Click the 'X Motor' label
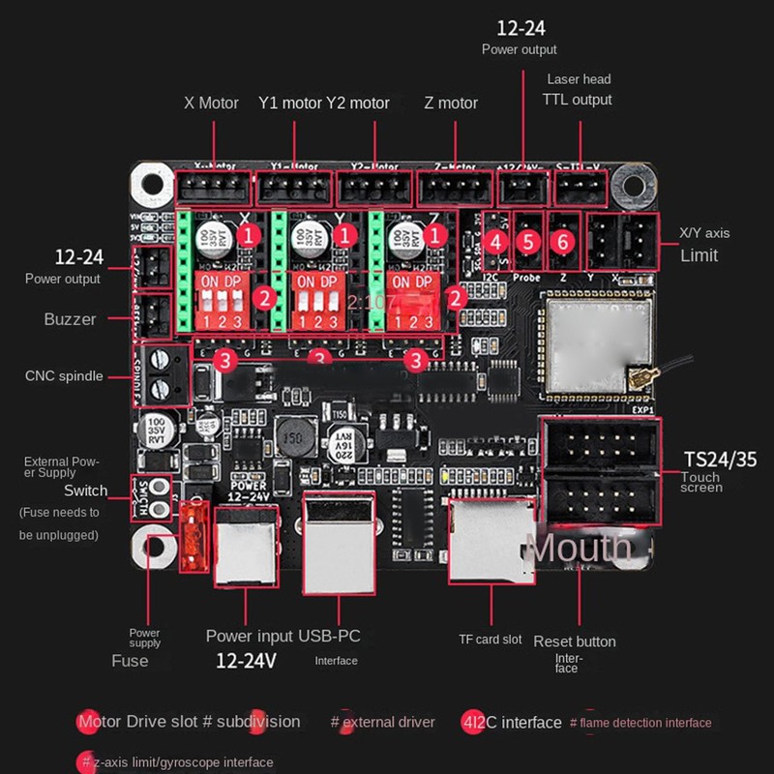(211, 103)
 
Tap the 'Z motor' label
(451, 103)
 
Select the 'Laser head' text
(579, 79)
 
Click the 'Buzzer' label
(70, 319)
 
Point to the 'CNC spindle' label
(64, 375)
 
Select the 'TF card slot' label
(491, 639)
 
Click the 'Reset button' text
(575, 641)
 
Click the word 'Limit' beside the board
(700, 255)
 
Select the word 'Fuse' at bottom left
(130, 661)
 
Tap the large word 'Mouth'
(579, 548)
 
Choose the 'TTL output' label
(579, 100)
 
